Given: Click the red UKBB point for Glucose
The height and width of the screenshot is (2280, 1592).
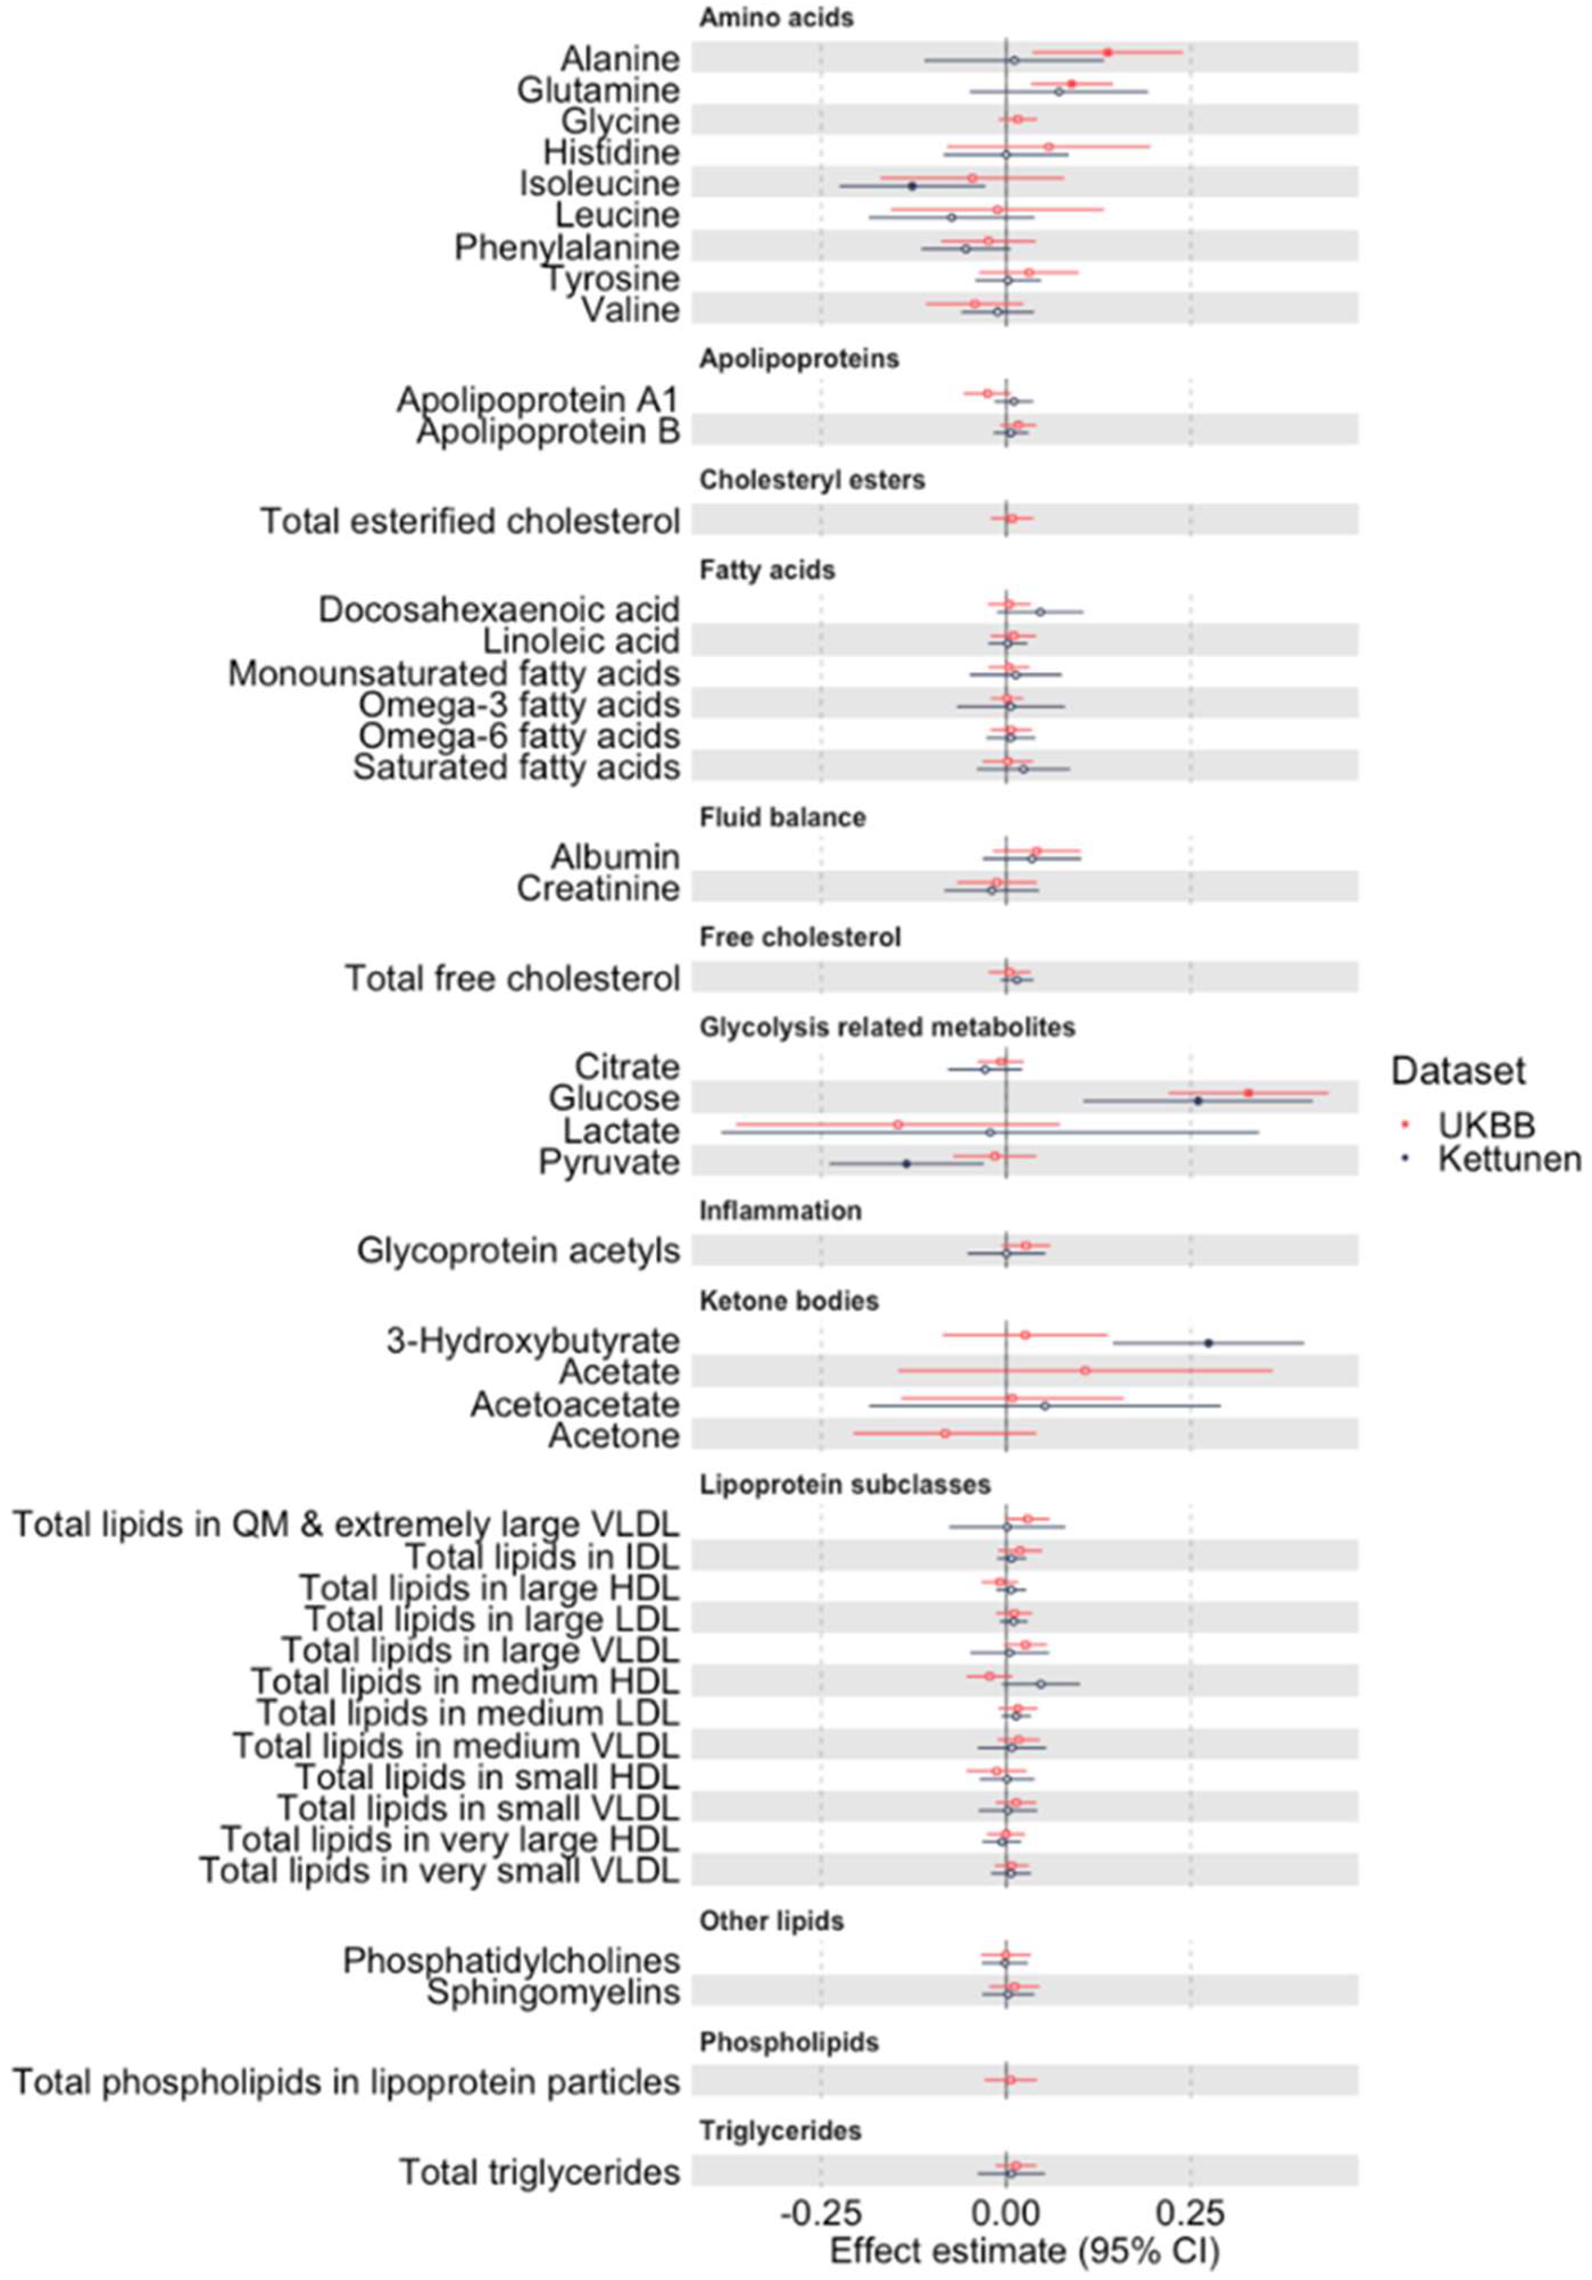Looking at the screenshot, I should tap(1248, 1093).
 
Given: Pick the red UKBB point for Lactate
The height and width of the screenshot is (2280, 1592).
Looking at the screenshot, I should tap(898, 1124).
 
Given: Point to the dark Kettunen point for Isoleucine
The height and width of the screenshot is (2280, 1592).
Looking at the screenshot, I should tap(911, 186).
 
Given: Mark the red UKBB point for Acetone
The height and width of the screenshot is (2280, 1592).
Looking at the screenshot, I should tap(945, 1433).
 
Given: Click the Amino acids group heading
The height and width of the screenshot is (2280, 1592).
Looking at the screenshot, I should tap(776, 18).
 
